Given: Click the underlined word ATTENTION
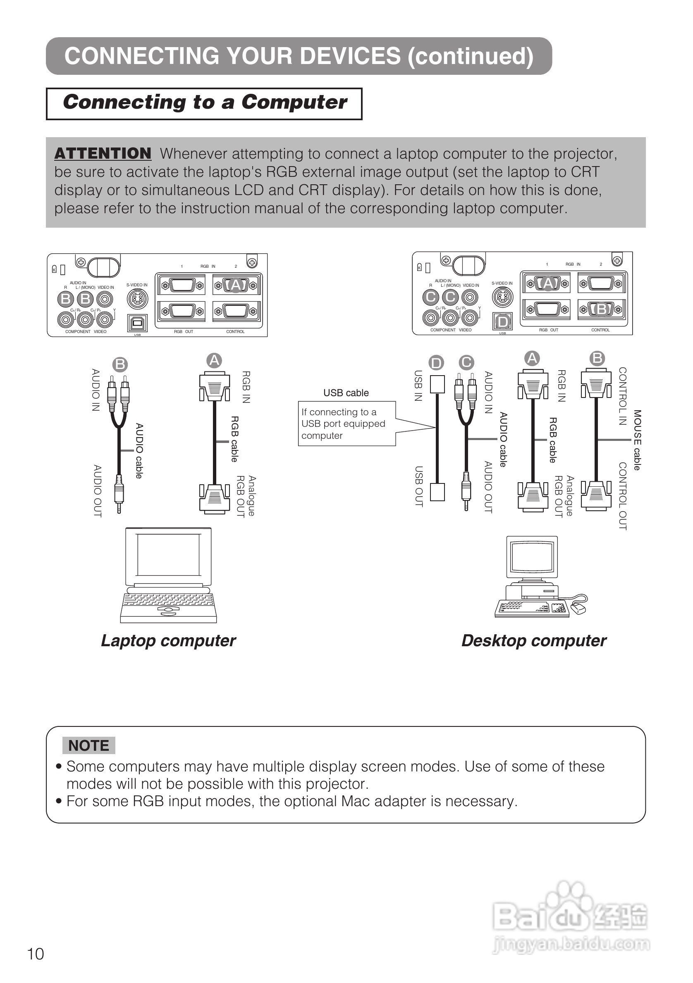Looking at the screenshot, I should [103, 153].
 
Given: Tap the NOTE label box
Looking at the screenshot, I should [88, 745].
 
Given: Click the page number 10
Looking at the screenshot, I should [36, 954].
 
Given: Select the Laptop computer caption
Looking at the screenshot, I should [168, 641].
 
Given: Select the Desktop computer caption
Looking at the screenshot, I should [534, 641].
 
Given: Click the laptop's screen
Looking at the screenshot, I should [169, 555].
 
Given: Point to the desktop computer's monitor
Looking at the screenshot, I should [533, 557].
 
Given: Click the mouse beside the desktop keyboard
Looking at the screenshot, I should [578, 607].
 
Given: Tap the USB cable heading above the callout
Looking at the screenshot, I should [346, 393].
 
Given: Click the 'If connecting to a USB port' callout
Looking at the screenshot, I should [343, 424].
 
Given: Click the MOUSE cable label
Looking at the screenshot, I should [637, 440].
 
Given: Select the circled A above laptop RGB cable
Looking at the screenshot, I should [214, 360].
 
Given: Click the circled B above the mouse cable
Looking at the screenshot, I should [597, 358].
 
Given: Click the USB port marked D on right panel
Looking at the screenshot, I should [503, 321].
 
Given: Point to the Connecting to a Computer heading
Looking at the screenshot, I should [204, 103].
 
